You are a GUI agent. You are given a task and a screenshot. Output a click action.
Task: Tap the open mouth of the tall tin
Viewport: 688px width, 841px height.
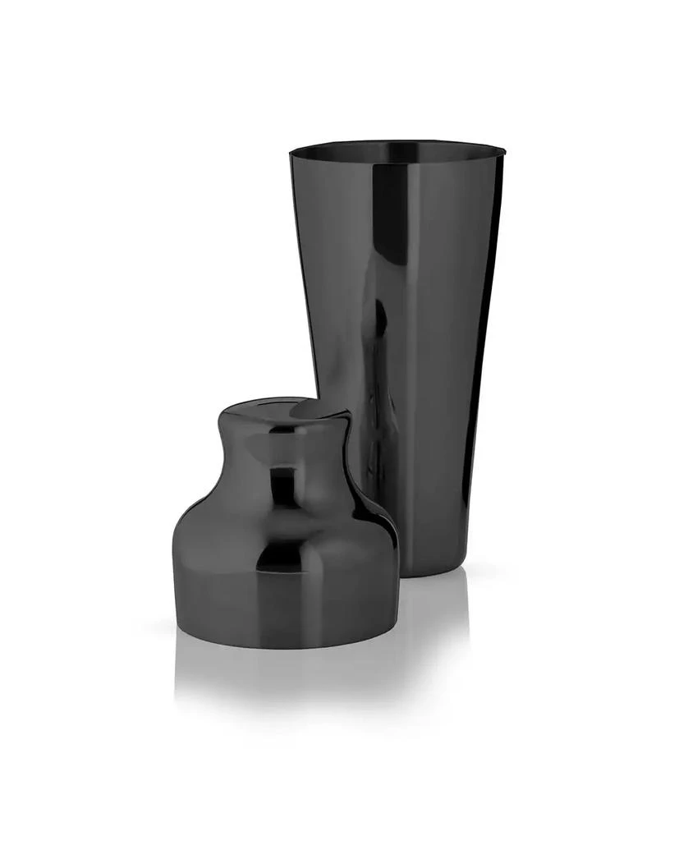(x=396, y=152)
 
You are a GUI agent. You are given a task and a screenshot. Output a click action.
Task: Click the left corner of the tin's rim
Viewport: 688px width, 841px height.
(x=292, y=153)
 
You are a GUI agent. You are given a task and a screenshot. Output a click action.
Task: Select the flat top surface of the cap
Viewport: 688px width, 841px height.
(x=283, y=411)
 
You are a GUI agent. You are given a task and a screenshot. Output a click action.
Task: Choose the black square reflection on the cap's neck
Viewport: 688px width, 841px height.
(x=283, y=485)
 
